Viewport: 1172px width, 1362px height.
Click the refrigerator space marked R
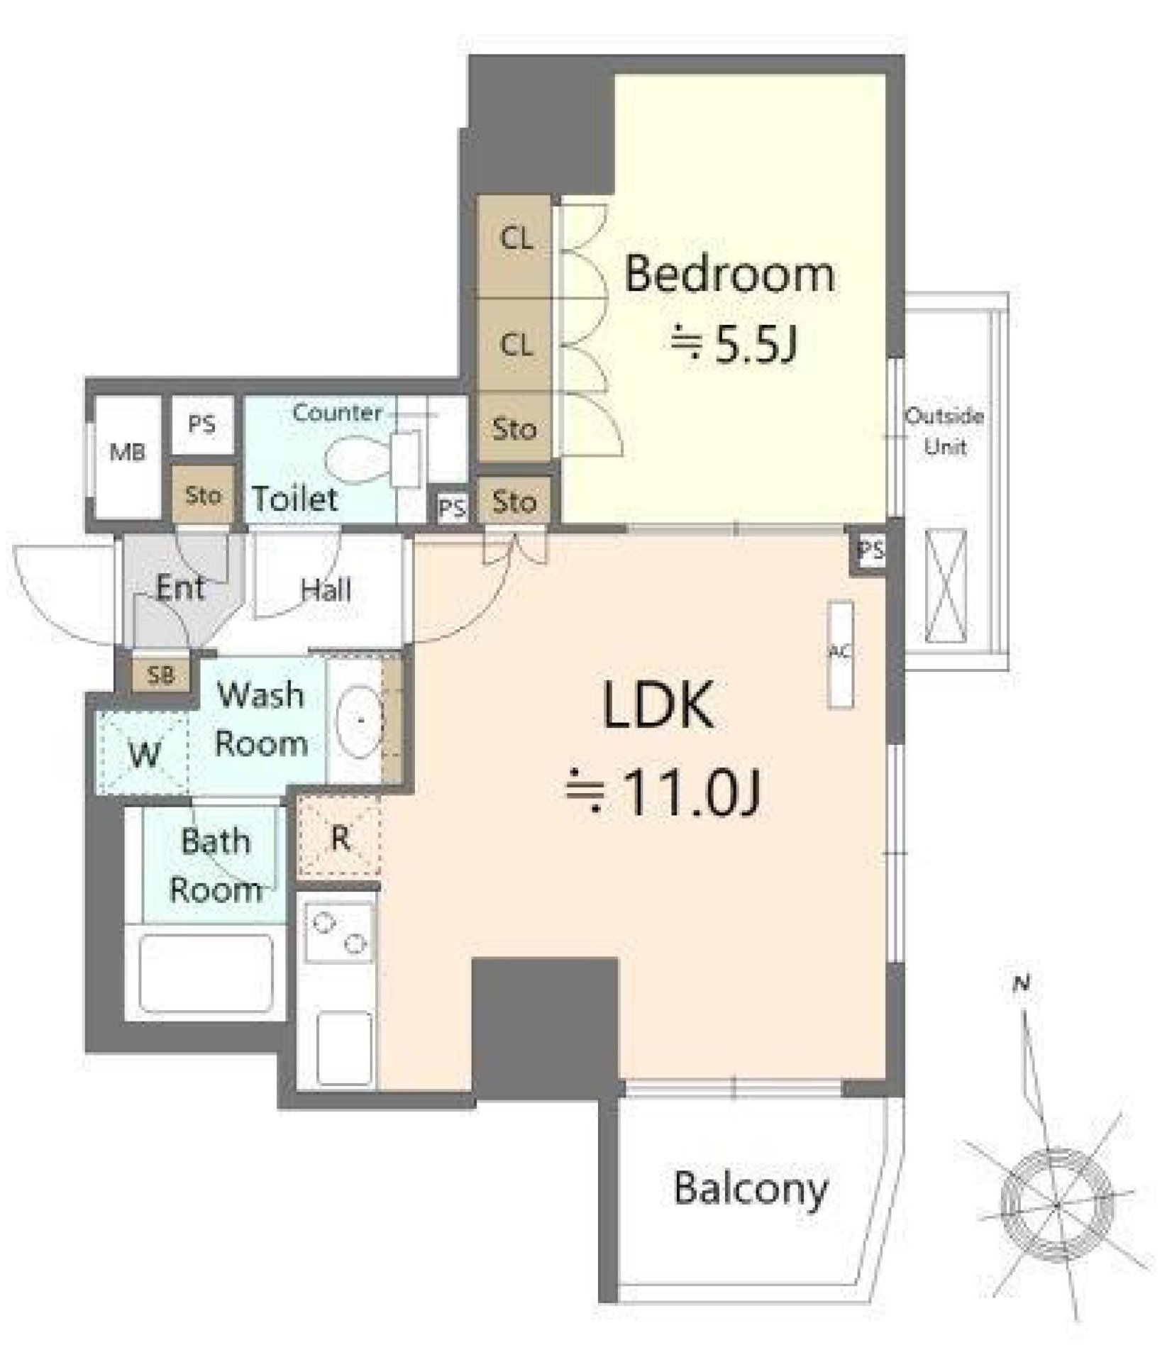pyautogui.click(x=340, y=838)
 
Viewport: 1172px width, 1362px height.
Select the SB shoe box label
pyautogui.click(x=161, y=675)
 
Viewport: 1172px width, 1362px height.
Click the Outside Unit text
pyautogui.click(x=944, y=431)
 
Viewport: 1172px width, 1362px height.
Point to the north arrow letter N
pyautogui.click(x=1022, y=984)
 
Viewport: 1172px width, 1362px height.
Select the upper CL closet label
pyautogui.click(x=516, y=239)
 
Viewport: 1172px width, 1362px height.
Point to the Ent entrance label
pyautogui.click(x=180, y=587)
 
